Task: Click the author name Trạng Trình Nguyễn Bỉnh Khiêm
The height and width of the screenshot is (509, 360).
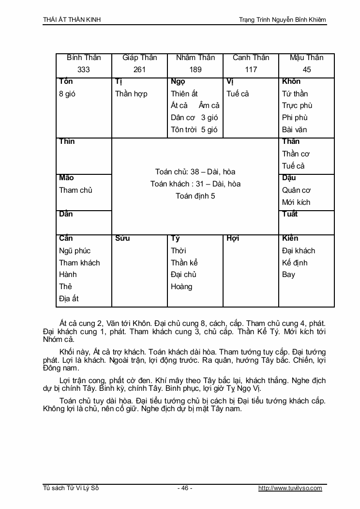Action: click(x=283, y=19)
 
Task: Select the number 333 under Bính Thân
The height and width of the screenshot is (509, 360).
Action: click(x=84, y=70)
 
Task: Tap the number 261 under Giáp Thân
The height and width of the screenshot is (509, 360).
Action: click(x=139, y=70)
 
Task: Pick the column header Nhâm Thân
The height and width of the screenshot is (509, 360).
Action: click(x=195, y=58)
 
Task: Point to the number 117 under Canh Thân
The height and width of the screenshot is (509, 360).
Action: click(x=251, y=70)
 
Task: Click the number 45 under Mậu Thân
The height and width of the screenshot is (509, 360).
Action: click(x=306, y=70)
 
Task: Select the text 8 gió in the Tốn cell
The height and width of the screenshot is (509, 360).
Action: click(x=67, y=94)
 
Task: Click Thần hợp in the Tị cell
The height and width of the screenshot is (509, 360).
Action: click(x=131, y=94)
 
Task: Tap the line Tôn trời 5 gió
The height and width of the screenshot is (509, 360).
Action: click(x=194, y=130)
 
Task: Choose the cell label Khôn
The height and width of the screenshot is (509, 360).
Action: click(x=291, y=81)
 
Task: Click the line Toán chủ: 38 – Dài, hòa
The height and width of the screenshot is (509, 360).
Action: click(x=195, y=172)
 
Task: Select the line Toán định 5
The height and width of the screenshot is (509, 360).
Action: click(x=195, y=196)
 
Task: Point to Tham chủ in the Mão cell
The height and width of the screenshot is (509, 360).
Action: click(x=75, y=190)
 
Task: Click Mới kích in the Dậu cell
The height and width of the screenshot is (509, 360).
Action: click(x=296, y=202)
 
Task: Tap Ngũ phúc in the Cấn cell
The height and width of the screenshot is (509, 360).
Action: click(x=75, y=251)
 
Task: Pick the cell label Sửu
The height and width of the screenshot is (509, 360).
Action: click(x=122, y=238)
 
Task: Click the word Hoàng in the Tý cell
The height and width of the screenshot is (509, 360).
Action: click(x=181, y=287)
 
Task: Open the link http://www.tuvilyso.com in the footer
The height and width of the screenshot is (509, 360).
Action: click(x=290, y=488)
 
